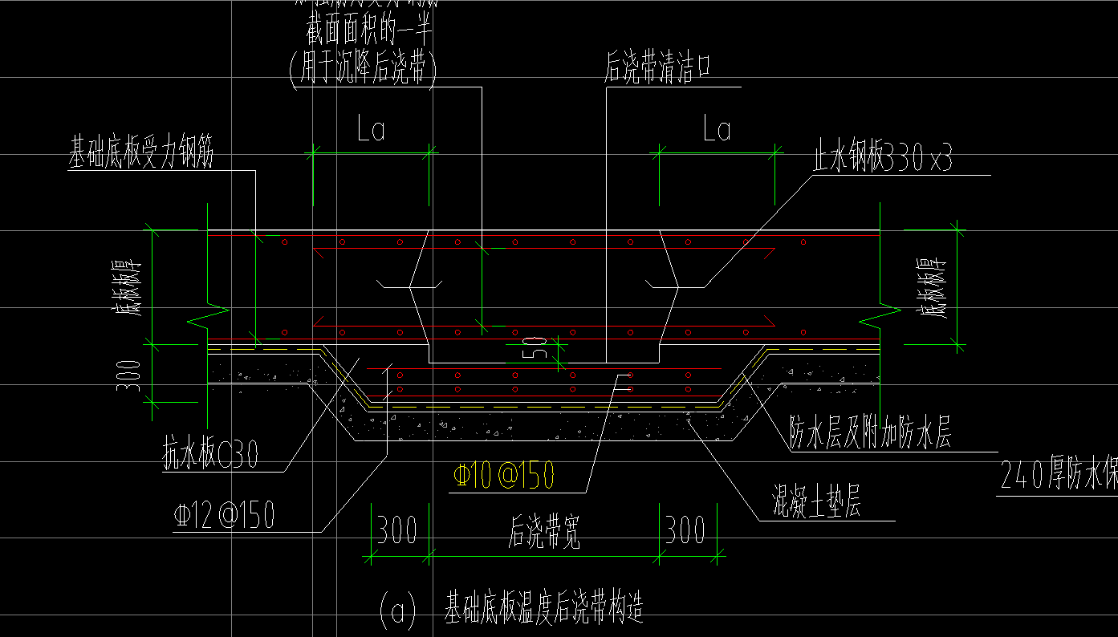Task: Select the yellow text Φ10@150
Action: (503, 476)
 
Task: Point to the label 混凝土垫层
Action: (816, 505)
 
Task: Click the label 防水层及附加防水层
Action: (870, 434)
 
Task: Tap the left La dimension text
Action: (372, 129)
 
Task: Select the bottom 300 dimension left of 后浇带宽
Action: (397, 530)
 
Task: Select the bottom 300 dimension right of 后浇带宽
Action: (685, 530)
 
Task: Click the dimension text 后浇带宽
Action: (544, 531)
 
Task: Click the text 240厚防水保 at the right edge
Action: (1059, 476)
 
